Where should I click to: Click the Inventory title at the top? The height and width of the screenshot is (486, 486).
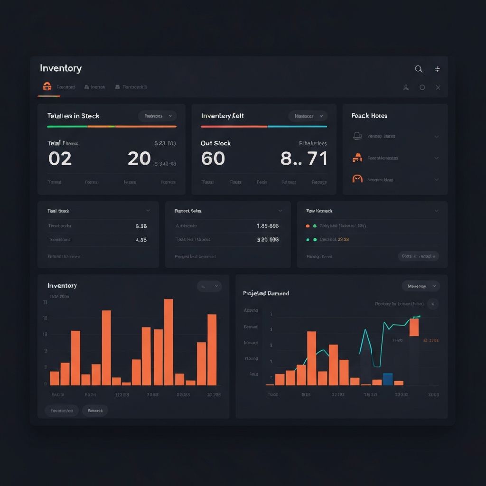(x=61, y=68)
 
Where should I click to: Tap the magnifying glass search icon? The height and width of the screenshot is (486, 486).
(x=419, y=69)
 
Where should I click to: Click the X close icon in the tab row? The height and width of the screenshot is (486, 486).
(x=438, y=87)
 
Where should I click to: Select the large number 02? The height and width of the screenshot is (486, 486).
(x=60, y=159)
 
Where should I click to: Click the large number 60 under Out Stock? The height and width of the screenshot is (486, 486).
(x=213, y=159)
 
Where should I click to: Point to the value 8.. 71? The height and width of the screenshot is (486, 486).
(x=304, y=159)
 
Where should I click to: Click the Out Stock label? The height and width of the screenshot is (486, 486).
(x=215, y=143)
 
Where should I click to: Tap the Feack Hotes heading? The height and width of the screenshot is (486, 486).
(x=369, y=116)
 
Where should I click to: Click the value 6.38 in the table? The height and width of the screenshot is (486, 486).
(x=141, y=226)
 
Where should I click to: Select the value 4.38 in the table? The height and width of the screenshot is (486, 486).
(x=141, y=240)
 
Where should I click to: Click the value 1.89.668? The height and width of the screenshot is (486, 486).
(x=268, y=226)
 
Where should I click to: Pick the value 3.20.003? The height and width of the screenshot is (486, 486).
(x=268, y=240)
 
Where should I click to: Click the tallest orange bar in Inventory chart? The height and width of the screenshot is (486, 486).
(x=168, y=342)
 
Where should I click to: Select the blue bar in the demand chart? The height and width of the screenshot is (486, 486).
(x=387, y=379)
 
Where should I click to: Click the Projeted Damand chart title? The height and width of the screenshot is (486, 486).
(x=266, y=293)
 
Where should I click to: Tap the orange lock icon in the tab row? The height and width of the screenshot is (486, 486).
(x=47, y=86)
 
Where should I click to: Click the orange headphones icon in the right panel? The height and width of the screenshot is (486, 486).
(x=357, y=179)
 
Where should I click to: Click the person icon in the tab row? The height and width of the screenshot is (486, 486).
(x=406, y=87)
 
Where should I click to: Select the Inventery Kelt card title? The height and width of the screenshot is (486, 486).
(x=223, y=116)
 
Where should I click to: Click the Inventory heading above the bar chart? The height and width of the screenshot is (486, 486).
(x=62, y=286)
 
